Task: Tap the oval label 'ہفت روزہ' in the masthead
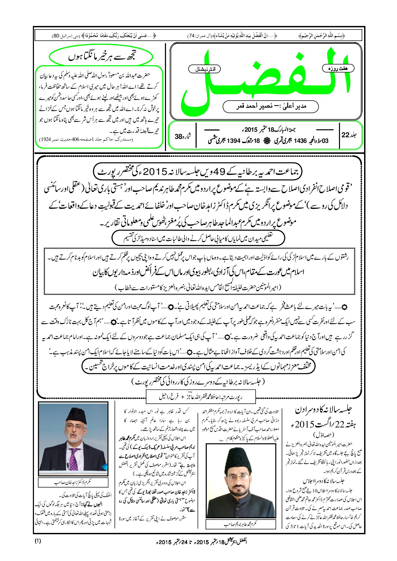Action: (338, 68)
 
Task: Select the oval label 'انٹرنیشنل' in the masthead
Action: (204, 69)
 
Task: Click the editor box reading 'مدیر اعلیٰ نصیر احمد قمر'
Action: (271, 106)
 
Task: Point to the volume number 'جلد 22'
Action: (349, 135)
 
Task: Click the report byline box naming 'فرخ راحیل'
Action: (201, 397)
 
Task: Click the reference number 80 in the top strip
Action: (56, 36)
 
